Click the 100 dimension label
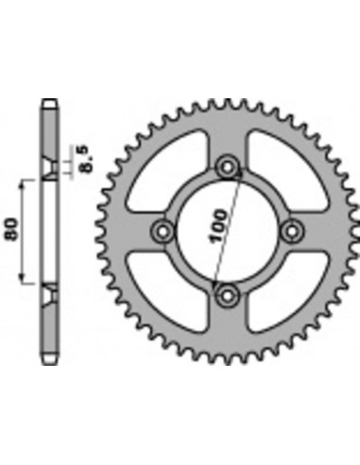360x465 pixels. coord(218,226)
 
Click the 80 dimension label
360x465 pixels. coord(11,229)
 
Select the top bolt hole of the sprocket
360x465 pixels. coord(227,167)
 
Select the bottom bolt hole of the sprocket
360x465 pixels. coord(227,296)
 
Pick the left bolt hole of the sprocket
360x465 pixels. coord(163,232)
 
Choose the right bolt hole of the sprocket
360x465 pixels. coord(292,232)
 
